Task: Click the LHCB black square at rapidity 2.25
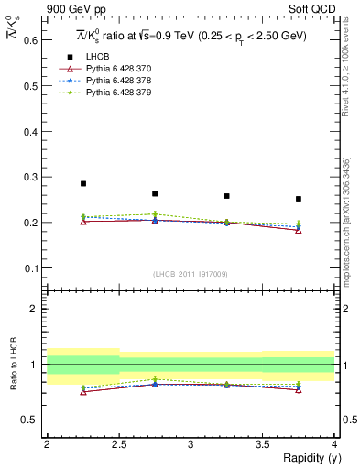click(x=83, y=183)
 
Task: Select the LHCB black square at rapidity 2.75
click(x=155, y=193)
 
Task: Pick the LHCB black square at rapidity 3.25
click(x=226, y=196)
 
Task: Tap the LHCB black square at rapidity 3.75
click(x=299, y=198)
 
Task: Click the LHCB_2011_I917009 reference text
click(x=191, y=274)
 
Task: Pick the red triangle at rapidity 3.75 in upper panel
click(x=299, y=230)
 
